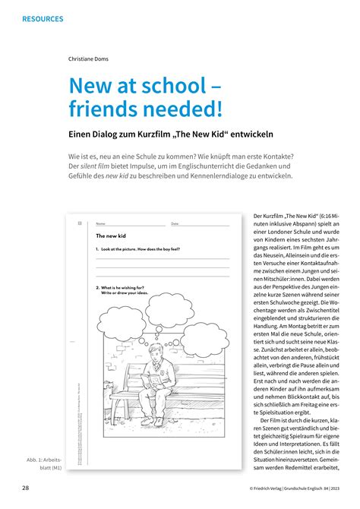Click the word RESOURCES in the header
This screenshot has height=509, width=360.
pyautogui.click(x=43, y=18)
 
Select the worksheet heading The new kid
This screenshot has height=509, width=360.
pyautogui.click(x=112, y=236)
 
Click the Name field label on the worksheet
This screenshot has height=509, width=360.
pyautogui.click(x=100, y=224)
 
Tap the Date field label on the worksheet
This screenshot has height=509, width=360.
pyautogui.click(x=175, y=224)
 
